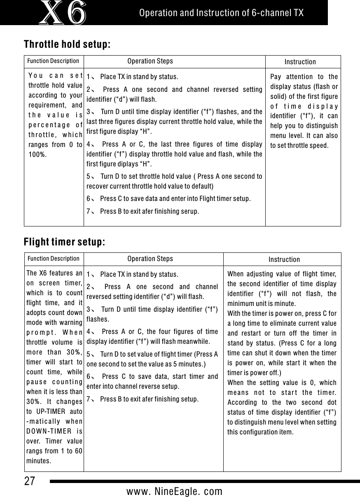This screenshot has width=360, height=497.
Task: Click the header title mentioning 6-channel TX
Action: pyautogui.click(x=221, y=13)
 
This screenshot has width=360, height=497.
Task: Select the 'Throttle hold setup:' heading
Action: pyautogui.click(x=67, y=44)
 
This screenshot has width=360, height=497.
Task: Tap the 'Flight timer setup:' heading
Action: pyautogui.click(x=65, y=242)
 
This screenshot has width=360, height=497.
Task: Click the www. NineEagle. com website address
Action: pyautogui.click(x=174, y=491)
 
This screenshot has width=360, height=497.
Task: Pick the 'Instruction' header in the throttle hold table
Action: pyautogui.click(x=300, y=62)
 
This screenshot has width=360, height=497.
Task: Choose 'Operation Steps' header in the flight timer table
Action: pyautogui.click(x=150, y=259)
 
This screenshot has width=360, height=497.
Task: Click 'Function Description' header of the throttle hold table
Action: pyautogui.click(x=53, y=61)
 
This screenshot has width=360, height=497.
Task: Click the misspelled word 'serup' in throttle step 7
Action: pyautogui.click(x=190, y=212)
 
